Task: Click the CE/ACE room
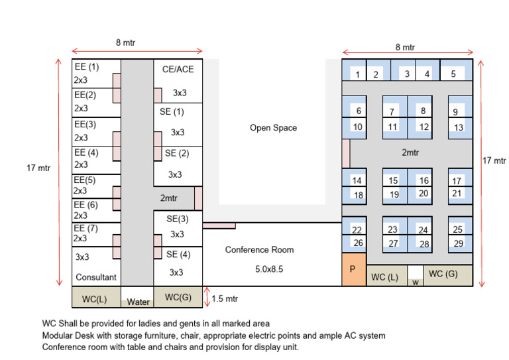(x=178, y=81)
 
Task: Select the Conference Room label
(x=259, y=250)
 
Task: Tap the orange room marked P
(x=354, y=269)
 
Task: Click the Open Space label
(x=273, y=127)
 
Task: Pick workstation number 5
(x=456, y=70)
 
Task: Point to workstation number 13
(x=461, y=128)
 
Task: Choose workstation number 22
(x=354, y=226)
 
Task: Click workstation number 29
(x=461, y=244)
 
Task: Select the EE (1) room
(x=96, y=74)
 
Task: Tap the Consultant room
(x=96, y=267)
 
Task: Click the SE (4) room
(x=178, y=267)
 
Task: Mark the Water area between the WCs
(x=137, y=297)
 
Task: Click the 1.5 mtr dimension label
(x=225, y=298)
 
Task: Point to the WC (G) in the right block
(x=448, y=276)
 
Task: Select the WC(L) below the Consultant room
(x=96, y=297)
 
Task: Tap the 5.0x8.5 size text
(x=269, y=269)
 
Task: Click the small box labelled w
(x=416, y=276)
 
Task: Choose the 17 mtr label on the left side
(x=38, y=168)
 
